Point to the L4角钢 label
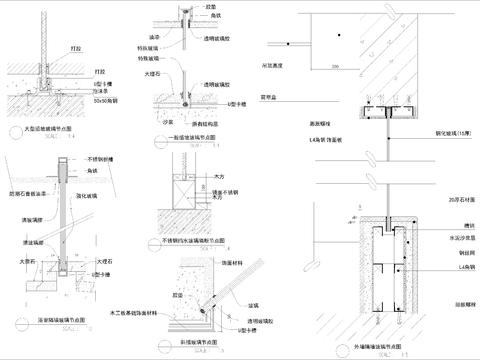click(x=441, y=268)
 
